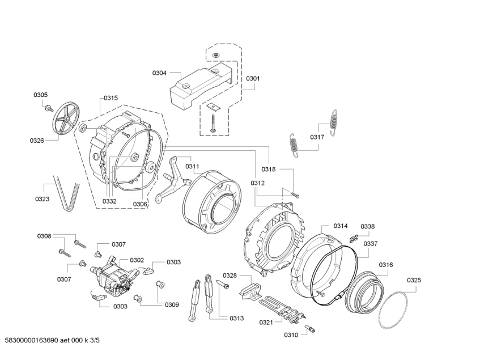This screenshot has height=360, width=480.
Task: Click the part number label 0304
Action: click(159, 73)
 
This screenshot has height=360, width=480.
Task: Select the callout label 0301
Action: click(252, 79)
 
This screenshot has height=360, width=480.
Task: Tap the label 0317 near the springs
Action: click(317, 137)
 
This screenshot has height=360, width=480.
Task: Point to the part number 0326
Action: click(37, 140)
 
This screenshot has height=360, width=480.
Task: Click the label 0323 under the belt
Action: click(41, 199)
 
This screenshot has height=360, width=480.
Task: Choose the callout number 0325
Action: click(414, 280)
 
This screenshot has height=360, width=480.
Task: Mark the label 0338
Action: click(368, 226)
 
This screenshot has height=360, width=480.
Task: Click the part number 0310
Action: click(291, 335)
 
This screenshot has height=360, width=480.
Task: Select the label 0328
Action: click(229, 276)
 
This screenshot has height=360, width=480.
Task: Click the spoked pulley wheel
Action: click(62, 120)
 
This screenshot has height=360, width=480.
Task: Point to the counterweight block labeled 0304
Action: click(200, 84)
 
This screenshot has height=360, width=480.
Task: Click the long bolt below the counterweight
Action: click(213, 123)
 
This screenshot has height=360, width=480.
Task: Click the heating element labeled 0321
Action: click(283, 307)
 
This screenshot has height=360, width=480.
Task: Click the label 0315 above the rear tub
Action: click(111, 98)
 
